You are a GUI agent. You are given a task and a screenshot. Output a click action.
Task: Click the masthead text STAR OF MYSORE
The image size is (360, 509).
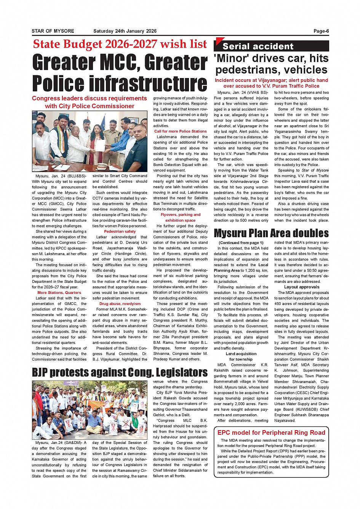[x=53, y=31]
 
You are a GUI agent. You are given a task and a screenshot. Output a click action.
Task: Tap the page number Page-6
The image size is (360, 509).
[x=321, y=31]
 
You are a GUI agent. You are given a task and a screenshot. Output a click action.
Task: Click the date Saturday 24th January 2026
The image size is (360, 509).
[x=125, y=31]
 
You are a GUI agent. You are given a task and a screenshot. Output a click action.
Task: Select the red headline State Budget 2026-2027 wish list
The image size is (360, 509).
[x=120, y=44]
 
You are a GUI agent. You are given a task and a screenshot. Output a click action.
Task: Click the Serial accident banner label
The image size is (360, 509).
[x=258, y=46]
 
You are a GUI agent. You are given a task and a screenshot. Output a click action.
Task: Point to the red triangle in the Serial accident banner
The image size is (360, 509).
[x=218, y=41]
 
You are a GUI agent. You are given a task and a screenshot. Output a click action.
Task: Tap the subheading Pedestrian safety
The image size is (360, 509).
[x=120, y=231]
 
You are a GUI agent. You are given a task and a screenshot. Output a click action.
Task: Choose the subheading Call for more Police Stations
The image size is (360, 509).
[x=181, y=131]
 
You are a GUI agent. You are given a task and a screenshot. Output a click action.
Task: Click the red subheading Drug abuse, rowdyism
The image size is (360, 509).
[x=120, y=304]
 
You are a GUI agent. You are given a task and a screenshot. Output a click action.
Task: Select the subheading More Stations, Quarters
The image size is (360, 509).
[x=59, y=293]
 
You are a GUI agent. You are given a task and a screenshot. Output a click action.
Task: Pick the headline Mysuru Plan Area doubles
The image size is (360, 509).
[x=271, y=233]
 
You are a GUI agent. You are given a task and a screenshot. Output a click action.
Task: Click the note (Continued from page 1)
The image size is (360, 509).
[x=241, y=243]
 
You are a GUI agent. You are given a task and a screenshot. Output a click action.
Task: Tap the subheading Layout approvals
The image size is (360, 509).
[x=302, y=287]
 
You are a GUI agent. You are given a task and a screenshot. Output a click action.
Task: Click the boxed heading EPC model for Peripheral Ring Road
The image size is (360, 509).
[x=271, y=432]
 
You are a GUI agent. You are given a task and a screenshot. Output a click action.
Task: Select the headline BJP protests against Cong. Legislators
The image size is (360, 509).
[x=120, y=372]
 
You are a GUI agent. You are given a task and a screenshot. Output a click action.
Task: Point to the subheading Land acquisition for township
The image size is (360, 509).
[x=241, y=356]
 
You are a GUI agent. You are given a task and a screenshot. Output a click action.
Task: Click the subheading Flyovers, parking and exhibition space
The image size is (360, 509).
[x=181, y=217]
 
